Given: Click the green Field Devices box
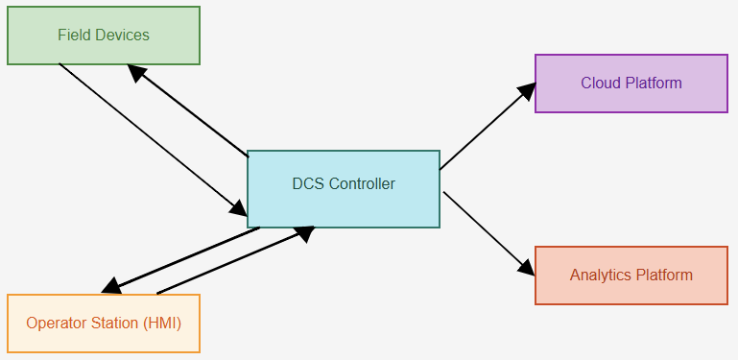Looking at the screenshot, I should tap(104, 36).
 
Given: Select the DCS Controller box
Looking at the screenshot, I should tap(344, 189).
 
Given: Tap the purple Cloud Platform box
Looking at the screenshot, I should tap(631, 84).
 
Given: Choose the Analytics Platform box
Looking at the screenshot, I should tap(631, 276).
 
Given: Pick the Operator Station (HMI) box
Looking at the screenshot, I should tap(104, 324).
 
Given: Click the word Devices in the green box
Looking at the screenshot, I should tap(123, 36).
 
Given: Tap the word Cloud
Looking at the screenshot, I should tap(601, 84).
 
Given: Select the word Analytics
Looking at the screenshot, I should tap(601, 276).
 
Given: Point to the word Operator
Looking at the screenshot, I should tap(55, 324).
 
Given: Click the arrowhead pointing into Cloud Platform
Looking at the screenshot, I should tap(526, 90).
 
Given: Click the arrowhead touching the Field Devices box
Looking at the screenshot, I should tap(137, 73).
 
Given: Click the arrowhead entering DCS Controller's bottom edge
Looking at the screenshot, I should tap(302, 232).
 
